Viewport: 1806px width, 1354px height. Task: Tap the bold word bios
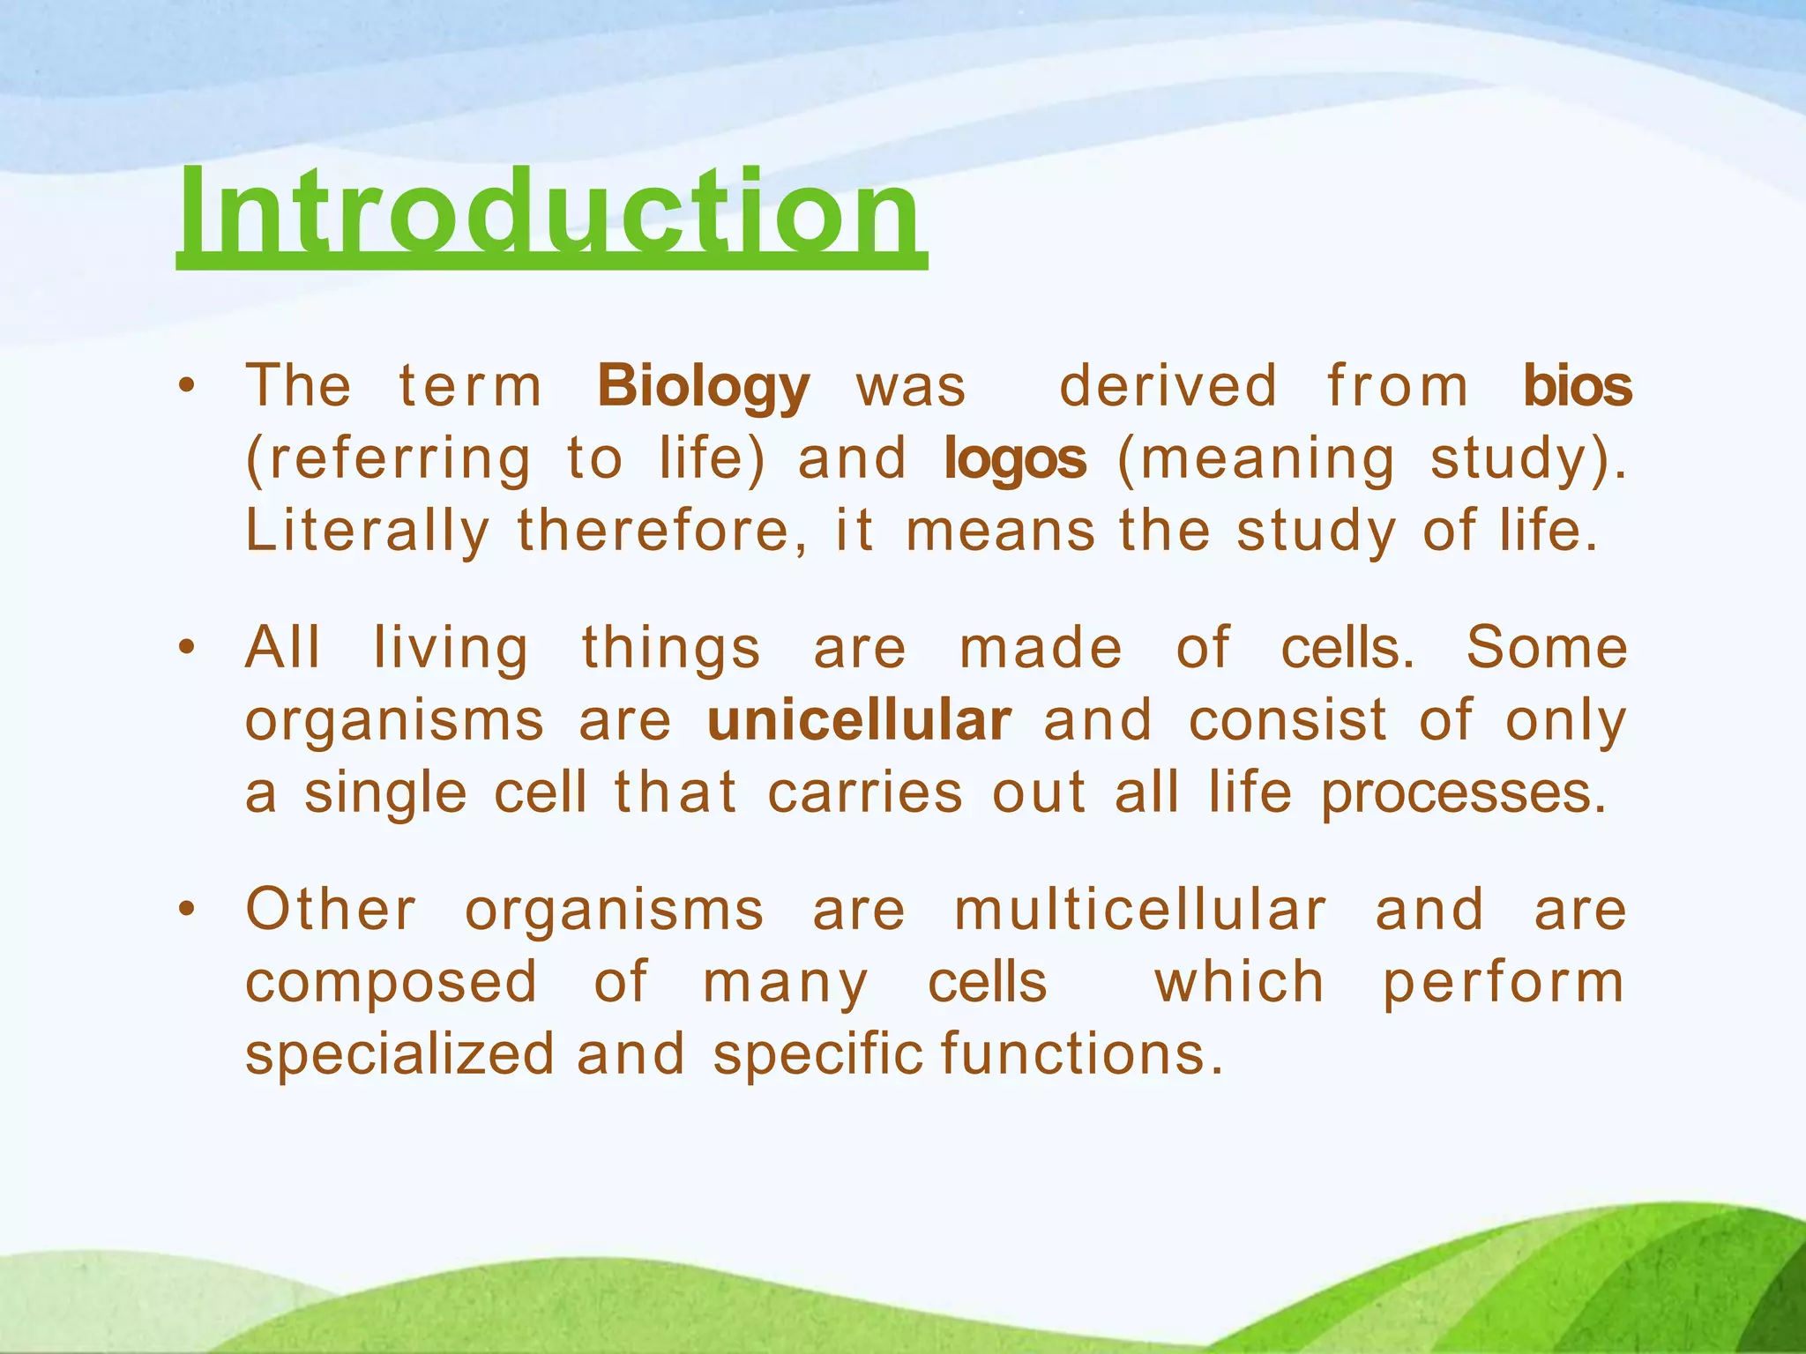[1578, 386]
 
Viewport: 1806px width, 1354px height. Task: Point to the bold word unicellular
[859, 721]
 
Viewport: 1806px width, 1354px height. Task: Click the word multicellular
[1139, 910]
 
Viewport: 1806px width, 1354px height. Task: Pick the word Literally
[367, 532]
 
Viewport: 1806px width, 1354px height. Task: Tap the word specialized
[399, 1055]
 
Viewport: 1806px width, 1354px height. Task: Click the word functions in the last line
[1083, 1053]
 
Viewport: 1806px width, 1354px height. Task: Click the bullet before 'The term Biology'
[185, 386]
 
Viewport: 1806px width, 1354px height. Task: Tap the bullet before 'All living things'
[185, 648]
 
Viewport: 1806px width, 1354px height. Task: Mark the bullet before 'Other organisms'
[185, 909]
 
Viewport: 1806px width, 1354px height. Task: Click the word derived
[1168, 386]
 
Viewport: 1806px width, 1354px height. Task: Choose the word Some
[1547, 647]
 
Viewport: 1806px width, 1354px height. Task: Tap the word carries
[865, 792]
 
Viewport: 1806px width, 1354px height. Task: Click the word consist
[1287, 720]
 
